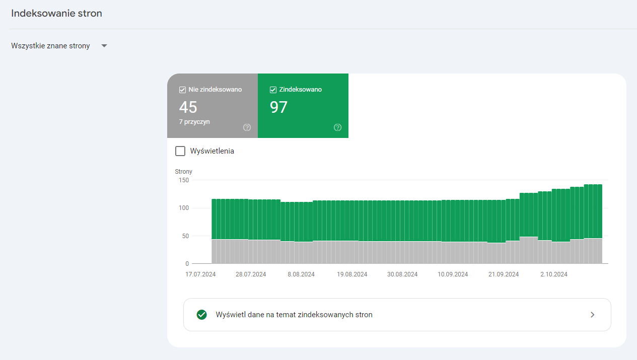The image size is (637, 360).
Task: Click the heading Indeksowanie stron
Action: (x=56, y=14)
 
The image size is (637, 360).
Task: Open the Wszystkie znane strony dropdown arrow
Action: (x=104, y=46)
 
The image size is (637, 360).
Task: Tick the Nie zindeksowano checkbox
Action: (x=182, y=90)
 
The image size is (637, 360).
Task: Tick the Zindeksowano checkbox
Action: (x=273, y=90)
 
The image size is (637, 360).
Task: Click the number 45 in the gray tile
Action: (x=188, y=107)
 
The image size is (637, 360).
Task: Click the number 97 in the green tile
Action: (x=278, y=107)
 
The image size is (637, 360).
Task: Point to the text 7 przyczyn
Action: (x=194, y=122)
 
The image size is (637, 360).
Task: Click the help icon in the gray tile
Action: (x=247, y=127)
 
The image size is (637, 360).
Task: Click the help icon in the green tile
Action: (x=337, y=127)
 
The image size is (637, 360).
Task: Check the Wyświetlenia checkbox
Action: (x=180, y=151)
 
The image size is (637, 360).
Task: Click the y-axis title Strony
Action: (x=183, y=172)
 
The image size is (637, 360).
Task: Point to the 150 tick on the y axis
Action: (x=184, y=180)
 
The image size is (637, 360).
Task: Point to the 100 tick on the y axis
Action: (x=184, y=208)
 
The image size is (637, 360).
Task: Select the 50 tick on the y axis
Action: (x=185, y=236)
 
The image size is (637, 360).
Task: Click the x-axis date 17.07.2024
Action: (x=200, y=274)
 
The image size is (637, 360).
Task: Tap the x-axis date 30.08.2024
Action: (x=402, y=274)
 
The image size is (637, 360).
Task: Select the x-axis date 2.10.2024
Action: (x=554, y=274)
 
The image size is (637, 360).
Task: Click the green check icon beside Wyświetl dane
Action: (x=201, y=315)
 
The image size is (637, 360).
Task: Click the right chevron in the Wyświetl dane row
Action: (x=592, y=315)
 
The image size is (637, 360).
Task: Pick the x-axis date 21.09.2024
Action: (x=504, y=274)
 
